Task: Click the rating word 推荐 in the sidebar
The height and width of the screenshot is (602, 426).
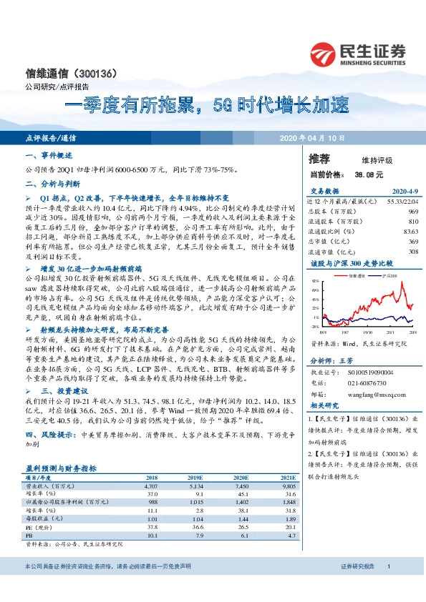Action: [x=320, y=158]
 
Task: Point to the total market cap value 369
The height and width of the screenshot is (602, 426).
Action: [x=412, y=241]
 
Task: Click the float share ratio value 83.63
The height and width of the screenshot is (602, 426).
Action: [x=410, y=232]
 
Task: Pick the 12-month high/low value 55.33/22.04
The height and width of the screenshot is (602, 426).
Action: [x=402, y=202]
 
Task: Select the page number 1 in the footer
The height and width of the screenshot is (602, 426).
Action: [x=388, y=586]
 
